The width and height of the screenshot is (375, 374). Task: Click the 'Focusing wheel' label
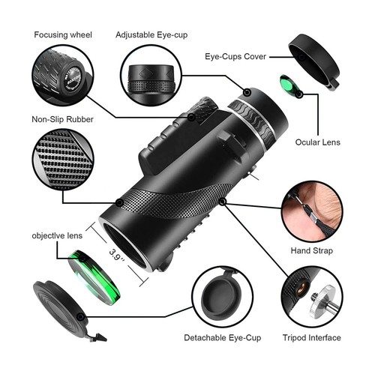(x=64, y=34)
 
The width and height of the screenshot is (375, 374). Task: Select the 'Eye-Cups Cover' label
(x=238, y=55)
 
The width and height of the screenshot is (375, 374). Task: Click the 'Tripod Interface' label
(x=316, y=339)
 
